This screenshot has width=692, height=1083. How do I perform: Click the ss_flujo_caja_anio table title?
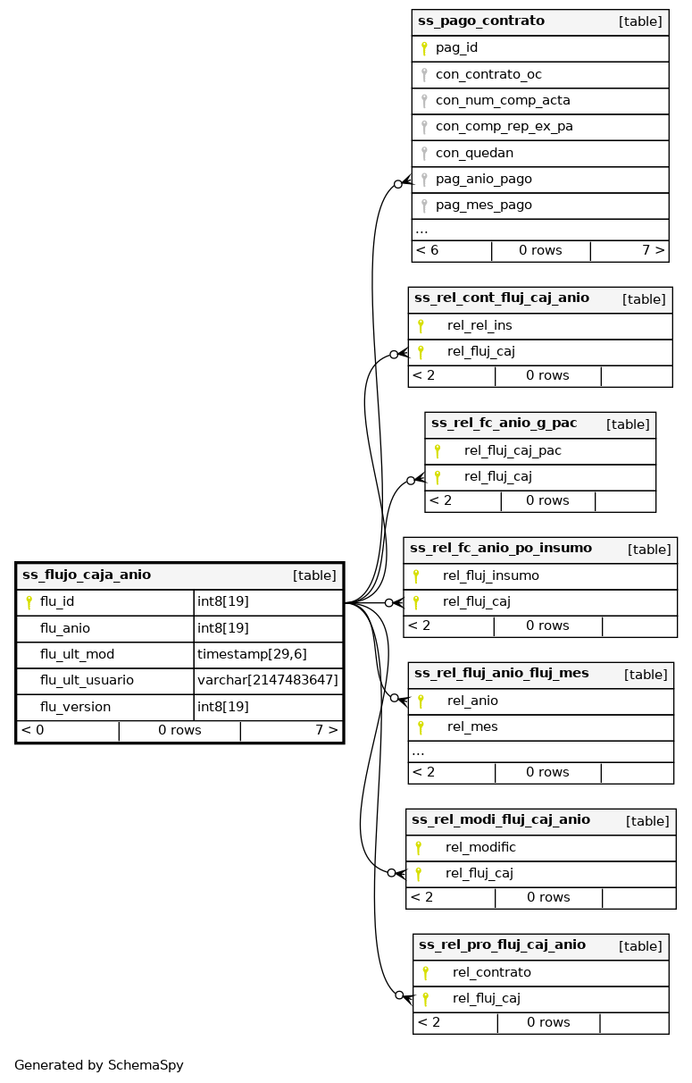click(87, 575)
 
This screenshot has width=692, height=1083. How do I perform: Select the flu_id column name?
click(57, 602)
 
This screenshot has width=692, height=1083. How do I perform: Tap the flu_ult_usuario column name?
click(87, 680)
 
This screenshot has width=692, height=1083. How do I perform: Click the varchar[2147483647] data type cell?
click(268, 680)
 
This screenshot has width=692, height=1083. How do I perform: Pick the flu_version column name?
click(75, 707)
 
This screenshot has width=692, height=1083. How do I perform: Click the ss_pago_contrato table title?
click(481, 21)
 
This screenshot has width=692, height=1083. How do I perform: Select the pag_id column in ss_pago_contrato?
click(456, 48)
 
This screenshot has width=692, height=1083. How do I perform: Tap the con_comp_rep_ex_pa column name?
click(504, 127)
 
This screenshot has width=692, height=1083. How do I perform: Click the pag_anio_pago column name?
click(483, 179)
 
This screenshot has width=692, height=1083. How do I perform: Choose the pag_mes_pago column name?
click(483, 205)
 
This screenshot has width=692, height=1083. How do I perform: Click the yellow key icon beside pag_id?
click(424, 48)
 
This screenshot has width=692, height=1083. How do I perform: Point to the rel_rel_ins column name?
click(479, 325)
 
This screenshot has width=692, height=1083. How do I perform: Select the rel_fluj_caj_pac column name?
click(513, 450)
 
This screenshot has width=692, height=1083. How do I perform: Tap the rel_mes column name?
click(472, 726)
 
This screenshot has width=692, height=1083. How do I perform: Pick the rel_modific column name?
click(480, 847)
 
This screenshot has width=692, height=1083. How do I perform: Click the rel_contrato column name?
click(491, 972)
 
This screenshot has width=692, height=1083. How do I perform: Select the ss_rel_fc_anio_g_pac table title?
click(504, 424)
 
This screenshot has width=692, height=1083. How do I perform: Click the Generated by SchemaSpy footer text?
click(98, 1065)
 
